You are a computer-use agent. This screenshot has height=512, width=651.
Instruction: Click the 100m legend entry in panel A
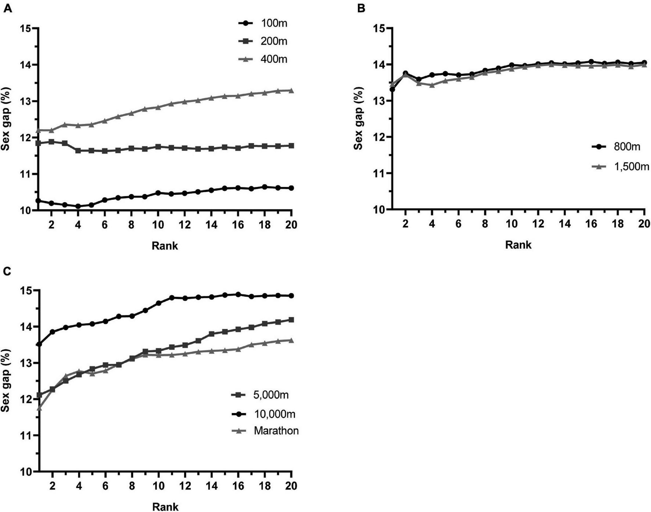pos(263,23)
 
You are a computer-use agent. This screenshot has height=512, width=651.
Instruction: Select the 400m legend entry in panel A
pos(263,59)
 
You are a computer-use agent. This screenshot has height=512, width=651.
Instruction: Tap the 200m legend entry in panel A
pos(263,41)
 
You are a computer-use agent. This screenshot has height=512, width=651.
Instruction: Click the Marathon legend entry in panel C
pos(265,430)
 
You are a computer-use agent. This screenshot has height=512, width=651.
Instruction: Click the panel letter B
pos(361,8)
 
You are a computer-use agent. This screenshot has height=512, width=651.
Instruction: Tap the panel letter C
pos(7,271)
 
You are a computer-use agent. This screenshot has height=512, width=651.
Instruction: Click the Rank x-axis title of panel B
pos(518,245)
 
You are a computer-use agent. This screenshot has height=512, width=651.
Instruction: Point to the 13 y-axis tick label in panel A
pos(26,101)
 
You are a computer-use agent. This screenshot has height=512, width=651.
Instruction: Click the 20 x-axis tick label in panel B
pos(644,223)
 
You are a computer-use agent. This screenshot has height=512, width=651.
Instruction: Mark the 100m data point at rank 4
pos(78,206)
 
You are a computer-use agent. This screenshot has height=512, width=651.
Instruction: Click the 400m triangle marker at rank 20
pos(291,90)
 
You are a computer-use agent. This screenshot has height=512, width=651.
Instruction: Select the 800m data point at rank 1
pos(392,89)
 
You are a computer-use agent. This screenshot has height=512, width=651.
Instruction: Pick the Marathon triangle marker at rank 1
pos(39,408)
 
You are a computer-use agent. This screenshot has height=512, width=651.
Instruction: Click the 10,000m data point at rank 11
pos(172,298)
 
